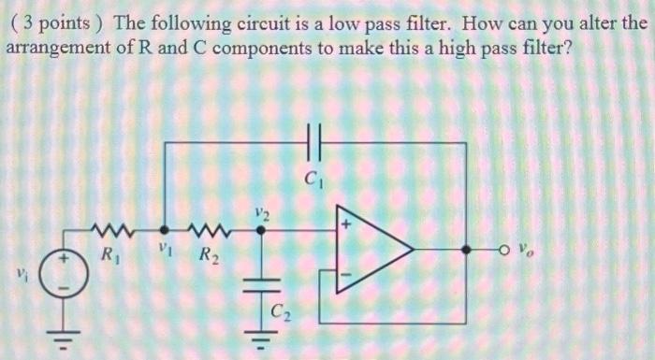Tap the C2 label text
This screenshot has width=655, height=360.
pos(280,310)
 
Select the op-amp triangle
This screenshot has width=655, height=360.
pos(373,251)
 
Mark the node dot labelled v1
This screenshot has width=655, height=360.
pos(165,229)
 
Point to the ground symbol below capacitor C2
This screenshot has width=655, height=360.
pos(262,335)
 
